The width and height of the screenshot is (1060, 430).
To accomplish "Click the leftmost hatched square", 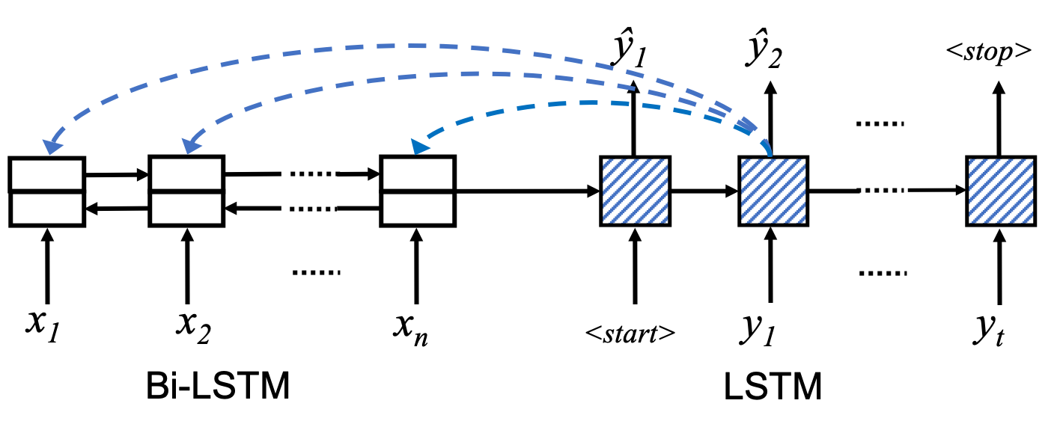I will [x=635, y=191].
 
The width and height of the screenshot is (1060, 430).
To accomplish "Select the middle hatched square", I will [x=773, y=191].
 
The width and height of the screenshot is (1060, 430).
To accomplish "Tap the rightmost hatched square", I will [x=1001, y=191].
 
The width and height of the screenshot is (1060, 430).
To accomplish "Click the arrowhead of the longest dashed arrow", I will [x=51, y=146].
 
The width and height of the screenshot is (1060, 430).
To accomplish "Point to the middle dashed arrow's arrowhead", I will [x=191, y=145].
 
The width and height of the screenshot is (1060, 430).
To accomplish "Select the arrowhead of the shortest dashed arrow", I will [x=419, y=146].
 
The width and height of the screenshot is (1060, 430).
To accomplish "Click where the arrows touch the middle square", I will [x=770, y=157].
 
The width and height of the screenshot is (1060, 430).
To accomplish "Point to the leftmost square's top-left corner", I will [x=603, y=159].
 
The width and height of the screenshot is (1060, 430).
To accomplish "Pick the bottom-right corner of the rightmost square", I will [x=1032, y=222].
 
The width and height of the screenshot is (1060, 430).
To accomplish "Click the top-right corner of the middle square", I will [x=805, y=159].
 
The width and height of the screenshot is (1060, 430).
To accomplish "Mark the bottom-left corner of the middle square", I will [x=742, y=222].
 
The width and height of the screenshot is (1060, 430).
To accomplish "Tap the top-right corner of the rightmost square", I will [x=1032, y=159].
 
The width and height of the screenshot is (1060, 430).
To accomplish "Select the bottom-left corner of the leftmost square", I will [x=603, y=222].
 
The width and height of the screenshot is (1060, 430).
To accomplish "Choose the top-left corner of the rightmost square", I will [x=969, y=159].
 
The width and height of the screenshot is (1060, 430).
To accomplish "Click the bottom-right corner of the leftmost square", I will [x=667, y=222].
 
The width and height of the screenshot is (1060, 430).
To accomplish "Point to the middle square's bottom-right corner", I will [x=805, y=222].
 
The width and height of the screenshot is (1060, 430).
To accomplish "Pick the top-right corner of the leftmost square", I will [x=667, y=159].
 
